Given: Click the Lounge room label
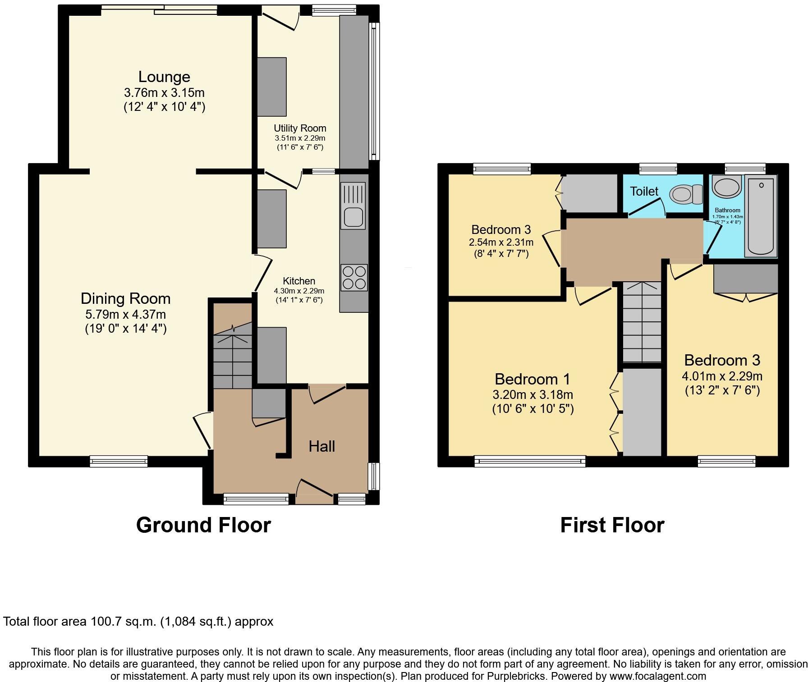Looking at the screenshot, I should pos(164,77).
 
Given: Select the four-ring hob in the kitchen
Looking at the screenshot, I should pos(354,277).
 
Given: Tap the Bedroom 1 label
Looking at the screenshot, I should pos(533,379).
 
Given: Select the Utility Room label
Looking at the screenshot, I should pos(300,128).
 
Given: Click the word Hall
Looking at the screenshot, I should pos(321,446).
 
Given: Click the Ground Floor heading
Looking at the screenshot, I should pos(203,525).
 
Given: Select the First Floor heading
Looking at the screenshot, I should pos(612,525).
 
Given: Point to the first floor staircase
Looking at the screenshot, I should pos(642,322).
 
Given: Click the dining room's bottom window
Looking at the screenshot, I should pos(119,461).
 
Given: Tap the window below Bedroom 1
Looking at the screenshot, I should pos(530,461).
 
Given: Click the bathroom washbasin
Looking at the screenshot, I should pos(726,186).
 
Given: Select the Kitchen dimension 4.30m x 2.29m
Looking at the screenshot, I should pos(299,291).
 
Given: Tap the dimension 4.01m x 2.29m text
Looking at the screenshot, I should pos(722,376).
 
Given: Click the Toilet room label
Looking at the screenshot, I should pos(644,192).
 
